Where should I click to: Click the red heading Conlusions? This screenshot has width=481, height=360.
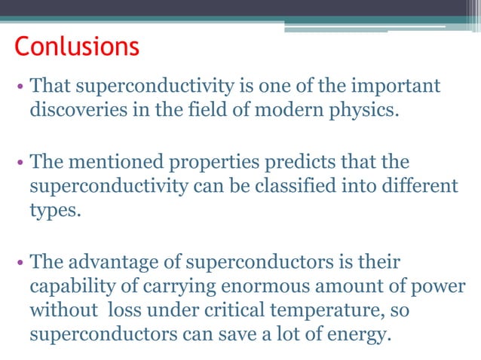(x=77, y=47)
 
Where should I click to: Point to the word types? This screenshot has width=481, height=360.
(x=53, y=209)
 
